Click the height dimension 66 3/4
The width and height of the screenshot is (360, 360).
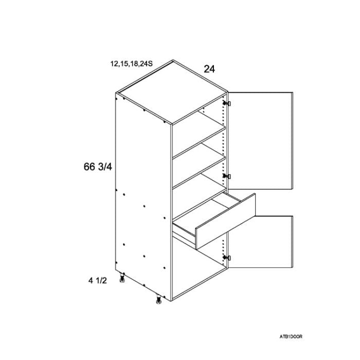(x=98, y=167)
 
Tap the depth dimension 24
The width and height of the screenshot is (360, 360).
(x=209, y=69)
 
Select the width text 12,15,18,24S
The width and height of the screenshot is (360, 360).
(x=131, y=64)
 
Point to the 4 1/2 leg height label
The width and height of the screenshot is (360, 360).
(x=98, y=280)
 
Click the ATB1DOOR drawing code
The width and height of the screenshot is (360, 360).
(x=291, y=336)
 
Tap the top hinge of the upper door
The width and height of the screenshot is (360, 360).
(x=227, y=103)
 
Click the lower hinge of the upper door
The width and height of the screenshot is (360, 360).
(x=227, y=176)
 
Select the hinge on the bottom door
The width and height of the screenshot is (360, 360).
(x=227, y=258)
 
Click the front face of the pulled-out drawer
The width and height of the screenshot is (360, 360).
(x=225, y=222)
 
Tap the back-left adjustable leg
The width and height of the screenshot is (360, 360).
(x=122, y=278)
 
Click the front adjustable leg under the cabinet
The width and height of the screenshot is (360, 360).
(x=158, y=299)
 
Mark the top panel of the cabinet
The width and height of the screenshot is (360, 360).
(x=172, y=93)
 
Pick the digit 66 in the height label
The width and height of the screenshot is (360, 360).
(x=89, y=167)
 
